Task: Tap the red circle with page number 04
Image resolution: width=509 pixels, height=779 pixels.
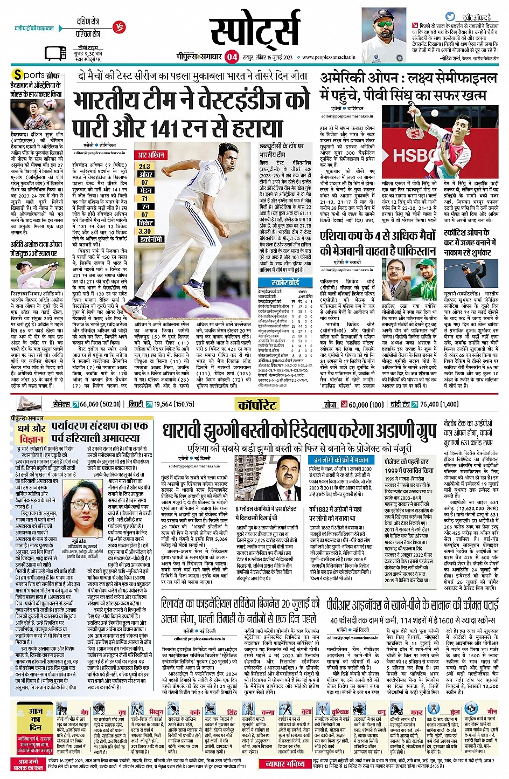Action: click(x=232, y=56)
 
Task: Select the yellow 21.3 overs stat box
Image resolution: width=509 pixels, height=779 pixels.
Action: click(x=144, y=167)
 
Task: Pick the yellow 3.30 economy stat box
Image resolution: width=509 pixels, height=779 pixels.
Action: click(x=144, y=231)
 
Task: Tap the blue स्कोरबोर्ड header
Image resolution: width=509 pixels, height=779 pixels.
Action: click(x=285, y=282)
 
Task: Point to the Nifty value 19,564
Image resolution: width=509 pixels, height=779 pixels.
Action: click(x=162, y=404)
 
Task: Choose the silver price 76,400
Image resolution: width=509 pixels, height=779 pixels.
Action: click(x=431, y=404)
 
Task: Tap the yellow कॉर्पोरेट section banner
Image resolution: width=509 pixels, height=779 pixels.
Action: click(x=256, y=404)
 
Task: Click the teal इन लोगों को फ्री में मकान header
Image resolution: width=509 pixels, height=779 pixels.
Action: click(x=341, y=460)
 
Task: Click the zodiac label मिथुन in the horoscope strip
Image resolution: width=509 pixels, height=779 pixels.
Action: click(x=157, y=712)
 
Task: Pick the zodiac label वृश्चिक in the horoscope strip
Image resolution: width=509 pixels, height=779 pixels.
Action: click(x=340, y=712)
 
